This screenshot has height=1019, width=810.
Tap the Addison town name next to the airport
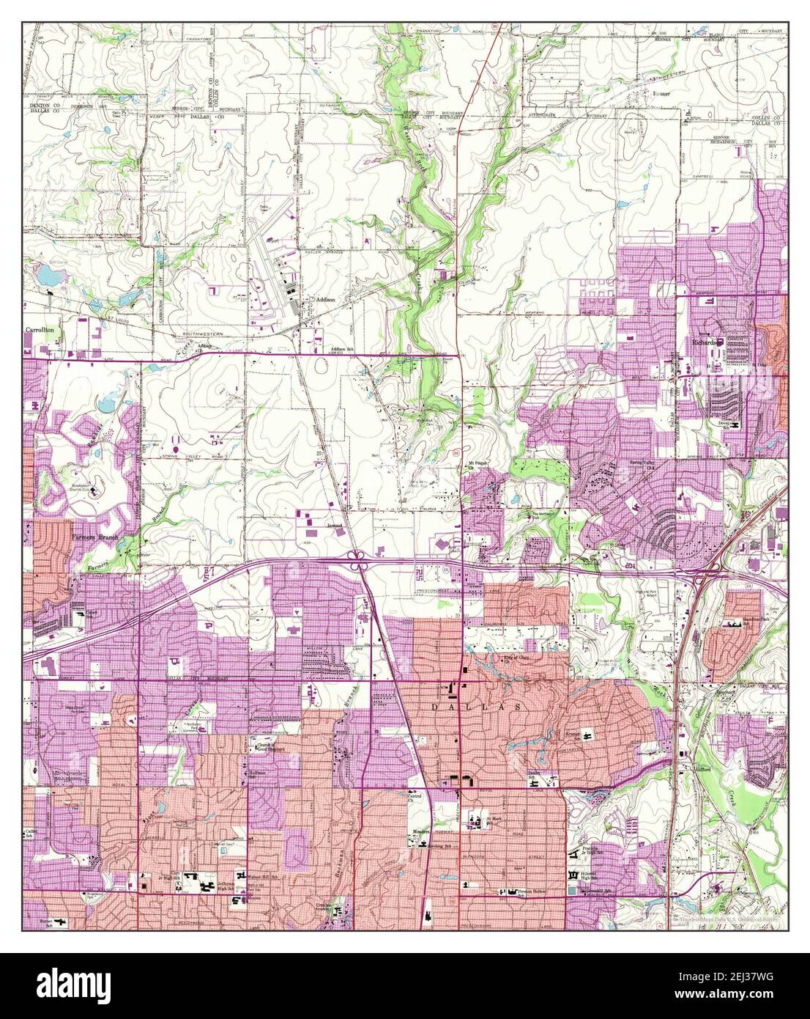[325, 300]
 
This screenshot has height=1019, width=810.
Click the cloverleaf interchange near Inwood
[357, 561]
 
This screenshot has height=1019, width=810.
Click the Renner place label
[661, 95]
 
